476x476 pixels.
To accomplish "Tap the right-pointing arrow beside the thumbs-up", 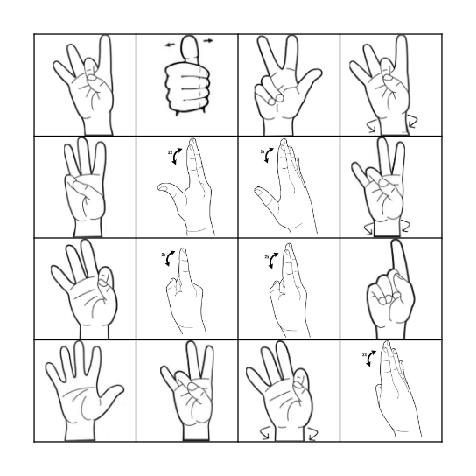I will (x=207, y=40).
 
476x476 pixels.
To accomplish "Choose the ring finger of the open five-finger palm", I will (x=66, y=359).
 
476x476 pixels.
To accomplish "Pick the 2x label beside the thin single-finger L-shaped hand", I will (x=170, y=152).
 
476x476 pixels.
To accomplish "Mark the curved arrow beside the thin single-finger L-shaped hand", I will (x=178, y=156).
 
